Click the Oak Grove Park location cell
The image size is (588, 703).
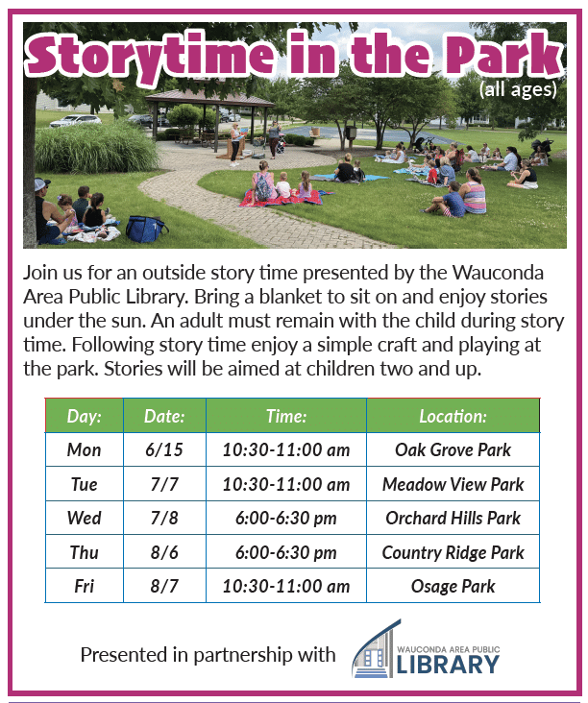(453, 449)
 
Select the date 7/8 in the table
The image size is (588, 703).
(164, 518)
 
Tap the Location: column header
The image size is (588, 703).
(453, 416)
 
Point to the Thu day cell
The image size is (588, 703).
(85, 552)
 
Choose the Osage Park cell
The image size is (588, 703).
(453, 586)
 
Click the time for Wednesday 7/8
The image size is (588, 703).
(286, 518)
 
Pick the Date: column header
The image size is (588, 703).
(164, 416)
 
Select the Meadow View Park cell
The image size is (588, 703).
(453, 484)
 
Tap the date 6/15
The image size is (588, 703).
(164, 449)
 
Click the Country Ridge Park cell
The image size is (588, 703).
(453, 552)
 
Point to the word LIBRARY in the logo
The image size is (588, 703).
(448, 665)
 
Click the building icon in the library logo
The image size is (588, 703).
(375, 649)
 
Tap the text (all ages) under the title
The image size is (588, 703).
(518, 89)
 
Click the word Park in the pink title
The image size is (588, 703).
(503, 54)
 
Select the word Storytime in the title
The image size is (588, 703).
(150, 57)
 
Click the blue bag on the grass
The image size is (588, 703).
(145, 229)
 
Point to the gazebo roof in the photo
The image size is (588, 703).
(209, 98)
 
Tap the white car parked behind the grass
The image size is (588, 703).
(76, 121)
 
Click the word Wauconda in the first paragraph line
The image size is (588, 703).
(498, 273)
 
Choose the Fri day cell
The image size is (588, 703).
(85, 586)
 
